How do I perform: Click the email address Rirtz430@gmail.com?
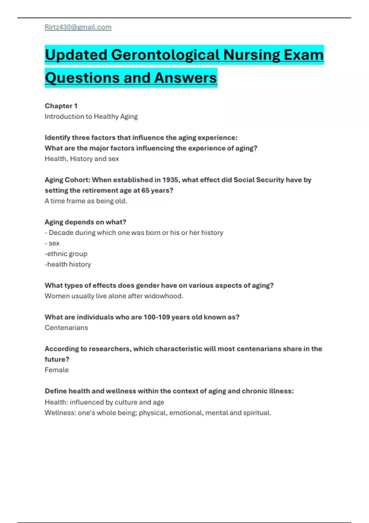pyautogui.click(x=78, y=27)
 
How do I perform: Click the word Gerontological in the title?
pyautogui.click(x=165, y=55)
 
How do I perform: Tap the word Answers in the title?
pyautogui.click(x=185, y=78)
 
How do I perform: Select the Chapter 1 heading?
pyautogui.click(x=61, y=106)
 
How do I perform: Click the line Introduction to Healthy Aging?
pyautogui.click(x=91, y=117)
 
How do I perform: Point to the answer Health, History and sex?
pyautogui.click(x=82, y=159)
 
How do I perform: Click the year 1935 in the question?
pyautogui.click(x=170, y=180)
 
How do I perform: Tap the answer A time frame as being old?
pyautogui.click(x=86, y=201)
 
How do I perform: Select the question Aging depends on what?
pyautogui.click(x=85, y=222)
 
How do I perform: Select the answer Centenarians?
pyautogui.click(x=66, y=328)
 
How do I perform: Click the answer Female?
pyautogui.click(x=57, y=370)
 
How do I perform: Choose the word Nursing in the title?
pyautogui.click(x=252, y=55)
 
